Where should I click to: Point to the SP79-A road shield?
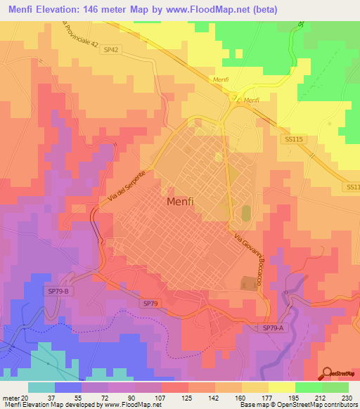coord(273,328)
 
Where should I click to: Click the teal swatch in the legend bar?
coord(41,387)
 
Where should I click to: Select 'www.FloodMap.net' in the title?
coord(209,10)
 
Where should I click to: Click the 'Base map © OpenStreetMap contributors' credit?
coord(296,405)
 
